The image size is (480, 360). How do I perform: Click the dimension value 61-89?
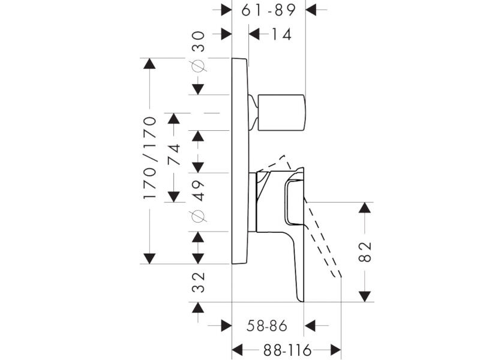(x=268, y=10)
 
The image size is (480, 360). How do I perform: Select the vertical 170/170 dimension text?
(x=149, y=158)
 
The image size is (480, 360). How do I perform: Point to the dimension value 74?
(x=174, y=155)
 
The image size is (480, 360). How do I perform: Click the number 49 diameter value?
(x=199, y=191)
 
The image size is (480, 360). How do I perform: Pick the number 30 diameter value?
(x=198, y=41)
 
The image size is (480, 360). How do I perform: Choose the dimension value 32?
(x=199, y=282)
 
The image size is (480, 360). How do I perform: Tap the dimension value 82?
(x=365, y=251)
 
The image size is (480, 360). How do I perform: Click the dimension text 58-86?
(x=267, y=326)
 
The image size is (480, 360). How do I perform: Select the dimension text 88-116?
(x=287, y=350)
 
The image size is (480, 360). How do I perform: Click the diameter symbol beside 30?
(x=198, y=65)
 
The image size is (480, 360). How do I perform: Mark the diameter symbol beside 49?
(x=198, y=216)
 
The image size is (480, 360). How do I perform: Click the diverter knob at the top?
(x=282, y=113)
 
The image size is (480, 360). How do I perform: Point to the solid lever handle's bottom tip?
(x=301, y=301)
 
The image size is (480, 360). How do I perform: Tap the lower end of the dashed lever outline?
(x=337, y=275)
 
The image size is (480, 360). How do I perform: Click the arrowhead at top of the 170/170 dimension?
(x=149, y=64)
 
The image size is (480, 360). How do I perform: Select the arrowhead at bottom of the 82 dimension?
(x=365, y=296)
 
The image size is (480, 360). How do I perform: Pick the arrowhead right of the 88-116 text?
(x=336, y=350)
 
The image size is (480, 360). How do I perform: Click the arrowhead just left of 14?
(x=254, y=34)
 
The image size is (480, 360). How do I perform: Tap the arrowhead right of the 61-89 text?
(x=311, y=10)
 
